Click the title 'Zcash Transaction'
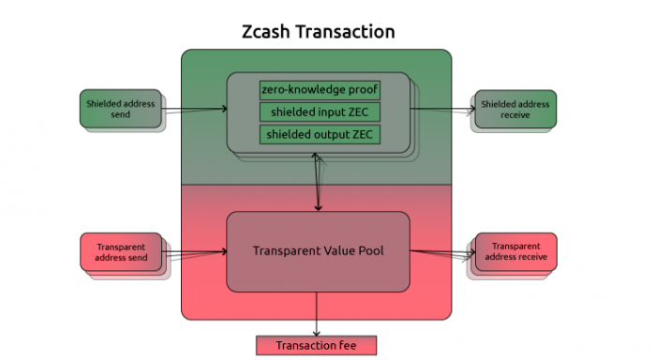click(319, 32)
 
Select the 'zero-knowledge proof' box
click(321, 90)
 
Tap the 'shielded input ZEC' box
click(321, 112)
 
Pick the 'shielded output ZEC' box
click(321, 134)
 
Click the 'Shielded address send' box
click(121, 109)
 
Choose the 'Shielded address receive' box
click(515, 110)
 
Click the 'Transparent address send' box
click(121, 252)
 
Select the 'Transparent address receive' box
click(516, 251)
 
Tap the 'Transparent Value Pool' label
click(319, 250)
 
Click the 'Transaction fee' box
click(317, 345)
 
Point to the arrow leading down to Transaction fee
click(317, 314)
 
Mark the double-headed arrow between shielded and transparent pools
click(318, 182)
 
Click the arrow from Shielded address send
click(194, 110)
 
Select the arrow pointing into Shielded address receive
click(442, 110)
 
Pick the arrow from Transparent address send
click(194, 251)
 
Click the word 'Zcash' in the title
click(265, 32)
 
